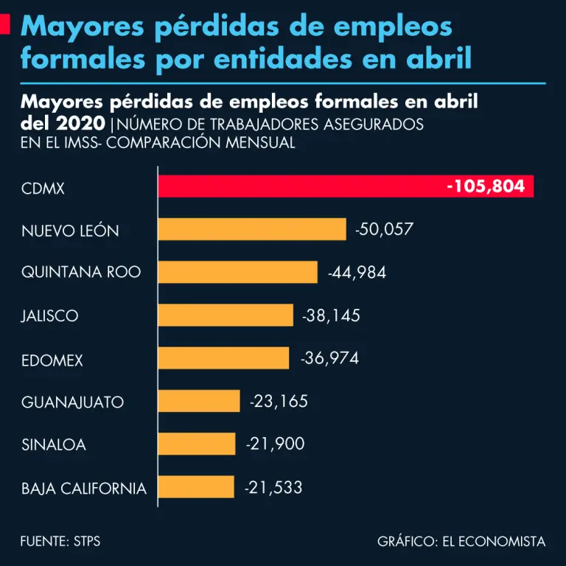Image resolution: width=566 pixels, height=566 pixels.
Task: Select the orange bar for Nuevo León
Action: pos(252,229)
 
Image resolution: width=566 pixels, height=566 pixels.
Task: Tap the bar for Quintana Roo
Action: pos(237,272)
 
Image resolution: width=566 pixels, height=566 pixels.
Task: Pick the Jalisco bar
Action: pos(226,315)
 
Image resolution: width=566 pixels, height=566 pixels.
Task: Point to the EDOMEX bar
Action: pos(223,358)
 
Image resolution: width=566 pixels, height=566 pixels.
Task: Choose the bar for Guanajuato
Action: pos(199,401)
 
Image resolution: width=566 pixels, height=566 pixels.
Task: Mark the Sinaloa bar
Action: pos(197,444)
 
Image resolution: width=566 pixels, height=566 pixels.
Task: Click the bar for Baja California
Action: pos(196,486)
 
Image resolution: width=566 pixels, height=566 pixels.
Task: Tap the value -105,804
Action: pos(486,186)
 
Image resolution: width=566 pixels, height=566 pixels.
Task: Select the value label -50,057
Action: pos(384,229)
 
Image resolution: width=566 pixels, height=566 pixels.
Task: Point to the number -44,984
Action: pos(357,273)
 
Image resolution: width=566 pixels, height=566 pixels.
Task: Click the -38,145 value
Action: pos(332,315)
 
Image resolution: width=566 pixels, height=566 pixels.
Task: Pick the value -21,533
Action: pos(273,486)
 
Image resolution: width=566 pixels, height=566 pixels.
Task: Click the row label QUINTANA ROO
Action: pos(81,273)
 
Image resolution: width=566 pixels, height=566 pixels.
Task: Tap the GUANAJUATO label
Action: pos(72,402)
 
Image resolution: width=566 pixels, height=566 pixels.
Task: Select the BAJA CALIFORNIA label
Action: pos(84,488)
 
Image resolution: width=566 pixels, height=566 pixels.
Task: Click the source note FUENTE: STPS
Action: pos(60,542)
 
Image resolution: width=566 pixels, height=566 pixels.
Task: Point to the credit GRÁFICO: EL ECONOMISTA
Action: pos(461,542)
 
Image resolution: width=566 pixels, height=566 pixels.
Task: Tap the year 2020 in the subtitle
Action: pos(79,123)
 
